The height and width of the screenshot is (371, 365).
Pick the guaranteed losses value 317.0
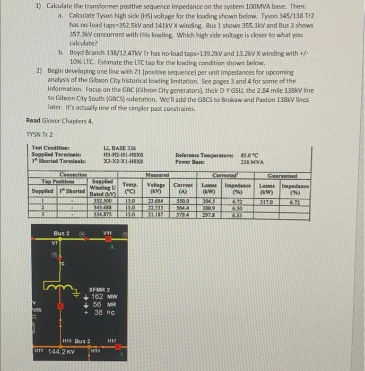[266, 201]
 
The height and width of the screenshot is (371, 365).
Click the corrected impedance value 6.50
[237, 208]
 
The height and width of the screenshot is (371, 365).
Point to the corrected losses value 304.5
[208, 201]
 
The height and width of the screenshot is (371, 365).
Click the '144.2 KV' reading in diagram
[62, 351]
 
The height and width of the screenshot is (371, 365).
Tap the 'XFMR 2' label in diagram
[99, 289]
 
